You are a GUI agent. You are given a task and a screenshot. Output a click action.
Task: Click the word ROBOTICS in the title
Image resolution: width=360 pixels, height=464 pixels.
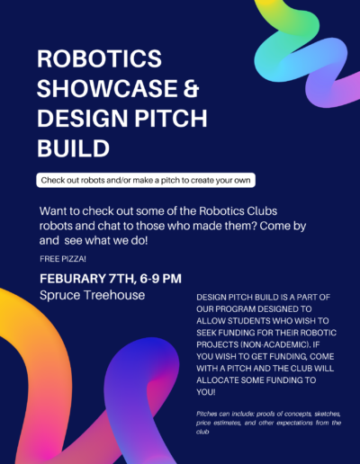(99, 58)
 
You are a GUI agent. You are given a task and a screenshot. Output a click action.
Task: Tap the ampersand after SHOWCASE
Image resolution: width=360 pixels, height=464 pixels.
(191, 88)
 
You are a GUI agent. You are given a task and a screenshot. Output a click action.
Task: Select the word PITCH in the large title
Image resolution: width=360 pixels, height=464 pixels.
(170, 118)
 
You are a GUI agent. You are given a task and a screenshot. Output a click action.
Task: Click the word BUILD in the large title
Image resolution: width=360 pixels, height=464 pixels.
(73, 148)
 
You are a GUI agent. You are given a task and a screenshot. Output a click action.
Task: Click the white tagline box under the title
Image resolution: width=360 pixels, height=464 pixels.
(146, 180)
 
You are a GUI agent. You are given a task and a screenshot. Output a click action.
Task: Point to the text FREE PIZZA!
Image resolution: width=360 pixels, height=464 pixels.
(63, 259)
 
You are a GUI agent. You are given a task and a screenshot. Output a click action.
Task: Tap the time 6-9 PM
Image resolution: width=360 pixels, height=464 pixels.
(160, 279)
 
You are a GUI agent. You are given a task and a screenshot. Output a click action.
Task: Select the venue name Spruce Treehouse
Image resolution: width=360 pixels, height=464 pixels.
(93, 295)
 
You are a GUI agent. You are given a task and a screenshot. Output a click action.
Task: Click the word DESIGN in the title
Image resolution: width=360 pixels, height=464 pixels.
(84, 118)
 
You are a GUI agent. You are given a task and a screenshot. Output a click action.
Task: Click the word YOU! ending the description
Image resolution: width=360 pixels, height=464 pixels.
(206, 392)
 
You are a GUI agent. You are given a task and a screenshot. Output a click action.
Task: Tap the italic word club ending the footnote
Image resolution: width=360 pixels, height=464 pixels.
(202, 432)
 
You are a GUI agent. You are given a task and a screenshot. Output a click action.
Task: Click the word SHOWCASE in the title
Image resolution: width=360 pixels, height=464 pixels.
(107, 88)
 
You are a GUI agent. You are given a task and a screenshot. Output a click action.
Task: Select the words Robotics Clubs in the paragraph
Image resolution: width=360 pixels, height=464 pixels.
(238, 211)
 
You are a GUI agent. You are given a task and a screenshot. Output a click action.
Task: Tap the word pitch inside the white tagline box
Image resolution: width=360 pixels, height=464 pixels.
(171, 181)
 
